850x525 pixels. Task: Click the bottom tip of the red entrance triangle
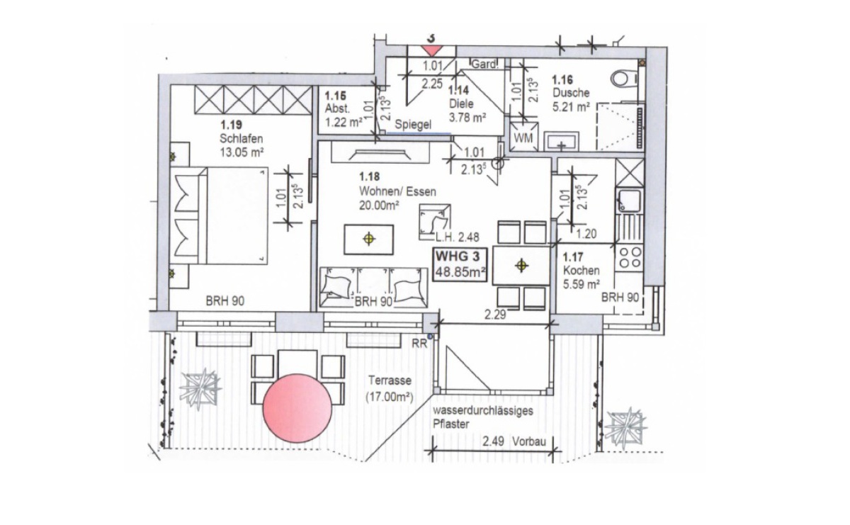coord(432,57)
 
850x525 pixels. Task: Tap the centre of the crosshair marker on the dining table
coord(521,266)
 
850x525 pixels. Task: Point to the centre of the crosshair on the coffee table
coord(369,239)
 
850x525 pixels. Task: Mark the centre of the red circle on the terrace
coord(297,408)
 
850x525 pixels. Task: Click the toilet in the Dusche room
coord(624,79)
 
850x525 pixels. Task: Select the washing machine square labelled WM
coord(523,137)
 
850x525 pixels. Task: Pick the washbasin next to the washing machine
coord(561,141)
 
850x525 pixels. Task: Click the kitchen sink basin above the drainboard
coord(629,200)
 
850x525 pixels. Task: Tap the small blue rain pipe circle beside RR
coord(429,337)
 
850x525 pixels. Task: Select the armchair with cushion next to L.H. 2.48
coord(435,222)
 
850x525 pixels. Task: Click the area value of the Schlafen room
coord(242,152)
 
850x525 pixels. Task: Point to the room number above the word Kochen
coord(572,257)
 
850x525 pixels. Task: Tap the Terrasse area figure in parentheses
coord(390,397)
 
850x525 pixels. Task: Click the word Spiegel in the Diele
coord(413,125)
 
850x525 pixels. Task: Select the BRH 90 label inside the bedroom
coord(225,301)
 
